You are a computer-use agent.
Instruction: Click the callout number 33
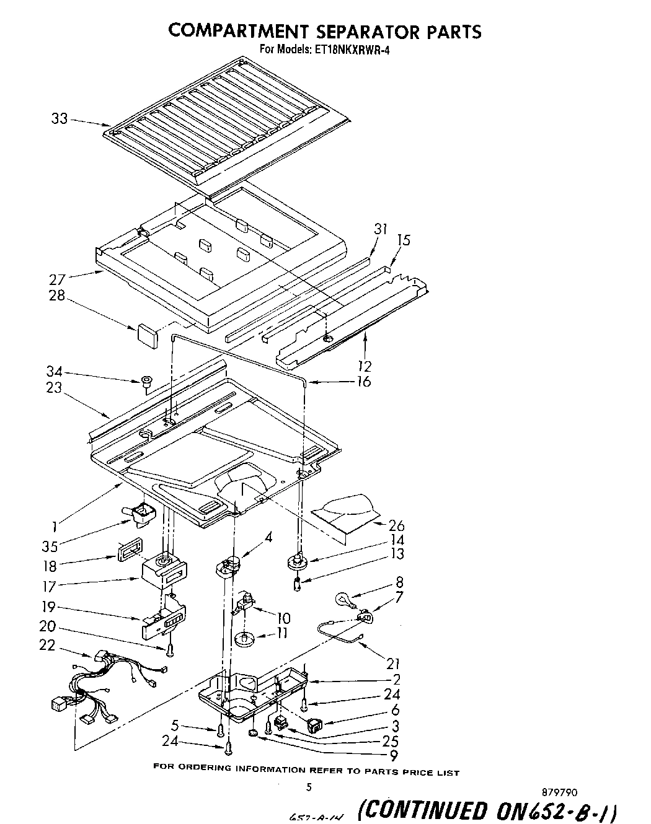point(60,118)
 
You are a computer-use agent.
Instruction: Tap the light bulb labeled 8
point(344,598)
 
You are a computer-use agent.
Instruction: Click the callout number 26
point(396,525)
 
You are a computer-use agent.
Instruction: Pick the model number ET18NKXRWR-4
point(351,51)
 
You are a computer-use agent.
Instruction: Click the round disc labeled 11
point(246,638)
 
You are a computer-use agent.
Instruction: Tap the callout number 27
point(58,278)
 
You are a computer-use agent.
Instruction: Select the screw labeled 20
point(169,649)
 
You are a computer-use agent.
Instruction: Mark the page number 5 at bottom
point(308,787)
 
